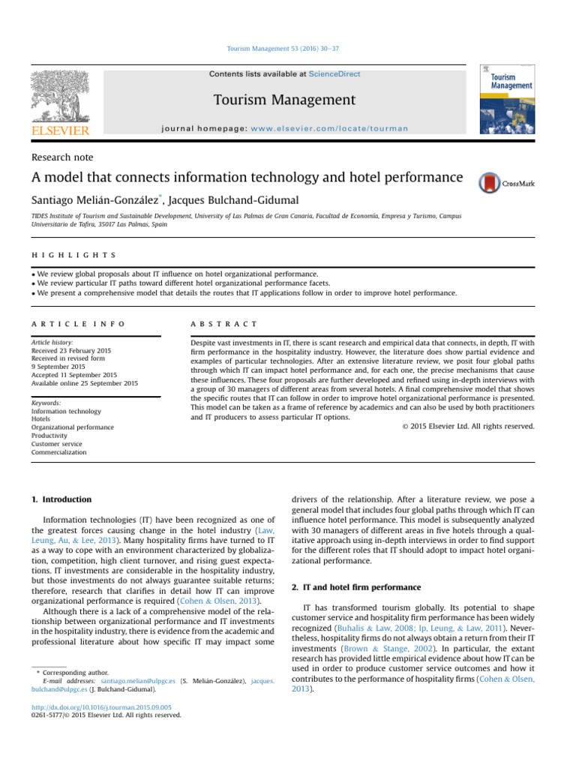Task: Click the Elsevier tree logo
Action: (60, 95)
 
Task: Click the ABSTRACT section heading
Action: (224, 323)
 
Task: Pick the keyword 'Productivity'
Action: (52, 435)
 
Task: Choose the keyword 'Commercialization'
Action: (58, 452)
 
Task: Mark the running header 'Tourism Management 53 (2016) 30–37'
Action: (288, 49)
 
